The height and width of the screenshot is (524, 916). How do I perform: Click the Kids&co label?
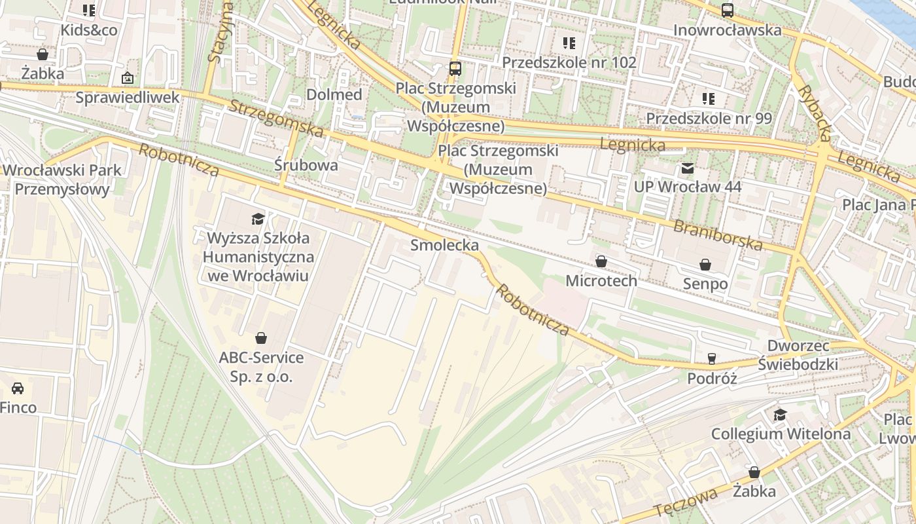pyautogui.click(x=89, y=30)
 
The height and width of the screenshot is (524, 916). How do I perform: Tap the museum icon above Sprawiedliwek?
pyautogui.click(x=127, y=79)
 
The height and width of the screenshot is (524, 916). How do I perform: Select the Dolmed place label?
pyautogui.click(x=334, y=94)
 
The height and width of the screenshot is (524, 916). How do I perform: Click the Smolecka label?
pyautogui.click(x=444, y=245)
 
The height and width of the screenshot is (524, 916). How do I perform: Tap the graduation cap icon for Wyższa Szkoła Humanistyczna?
pyautogui.click(x=258, y=218)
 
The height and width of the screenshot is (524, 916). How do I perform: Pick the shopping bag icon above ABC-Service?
pyautogui.click(x=261, y=338)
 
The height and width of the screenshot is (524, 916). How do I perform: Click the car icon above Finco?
pyautogui.click(x=18, y=388)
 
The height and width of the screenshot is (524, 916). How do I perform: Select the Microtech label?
pyautogui.click(x=601, y=281)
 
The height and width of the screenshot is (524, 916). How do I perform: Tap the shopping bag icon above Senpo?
pyautogui.click(x=705, y=265)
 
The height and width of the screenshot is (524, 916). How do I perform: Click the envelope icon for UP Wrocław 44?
pyautogui.click(x=688, y=169)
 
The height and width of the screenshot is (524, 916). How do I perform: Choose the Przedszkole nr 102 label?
pyautogui.click(x=569, y=62)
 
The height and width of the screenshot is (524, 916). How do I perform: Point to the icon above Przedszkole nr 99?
pyautogui.click(x=709, y=99)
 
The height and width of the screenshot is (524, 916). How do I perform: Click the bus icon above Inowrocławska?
pyautogui.click(x=727, y=10)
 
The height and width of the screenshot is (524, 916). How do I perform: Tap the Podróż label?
pyautogui.click(x=712, y=379)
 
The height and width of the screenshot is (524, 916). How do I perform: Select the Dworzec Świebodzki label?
pyautogui.click(x=797, y=355)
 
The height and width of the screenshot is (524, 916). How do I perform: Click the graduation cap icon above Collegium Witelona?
pyautogui.click(x=780, y=415)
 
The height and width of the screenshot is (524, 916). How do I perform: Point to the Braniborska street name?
pyautogui.click(x=718, y=235)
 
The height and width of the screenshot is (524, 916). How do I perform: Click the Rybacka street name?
pyautogui.click(x=815, y=113)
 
